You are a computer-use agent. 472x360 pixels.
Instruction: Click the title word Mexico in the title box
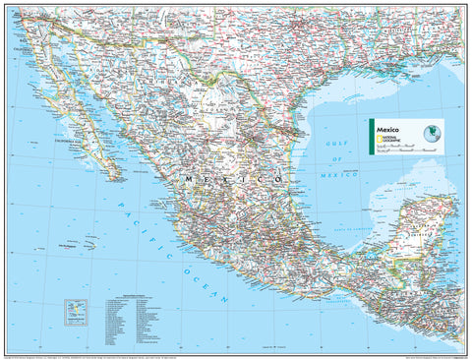tap(384, 128)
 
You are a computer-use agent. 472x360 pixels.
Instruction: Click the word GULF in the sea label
tap(337, 145)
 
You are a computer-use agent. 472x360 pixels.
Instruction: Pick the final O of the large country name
tap(278, 181)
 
